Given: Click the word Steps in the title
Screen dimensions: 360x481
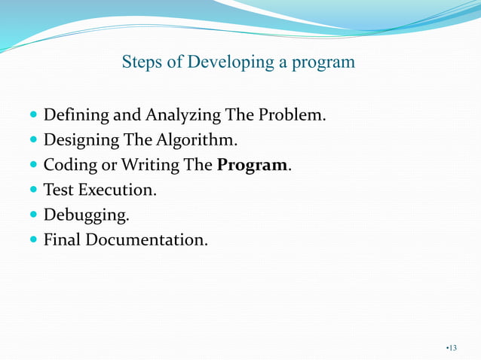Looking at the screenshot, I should click(x=140, y=62).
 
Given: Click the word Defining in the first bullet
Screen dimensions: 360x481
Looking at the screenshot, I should click(x=76, y=117).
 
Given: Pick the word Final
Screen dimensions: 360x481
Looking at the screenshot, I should click(x=62, y=240).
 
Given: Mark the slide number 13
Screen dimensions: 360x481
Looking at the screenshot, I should click(x=452, y=347).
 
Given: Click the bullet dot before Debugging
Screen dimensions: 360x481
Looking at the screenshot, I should click(x=33, y=215).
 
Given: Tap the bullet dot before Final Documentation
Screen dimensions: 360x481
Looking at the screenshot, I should click(x=33, y=240).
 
